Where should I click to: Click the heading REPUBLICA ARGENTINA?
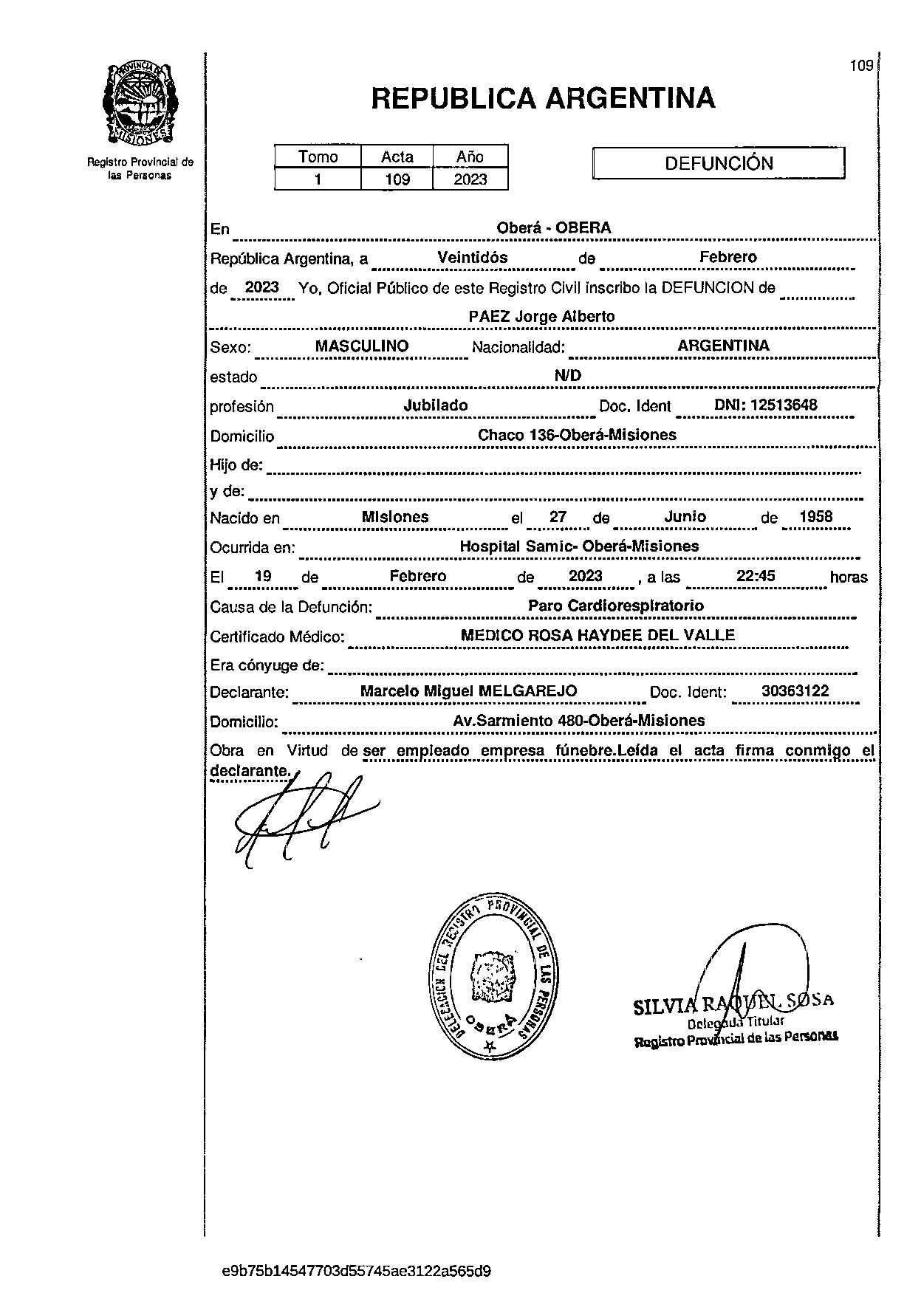[x=543, y=98]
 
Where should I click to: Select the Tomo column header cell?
[x=318, y=157]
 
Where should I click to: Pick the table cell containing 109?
[x=397, y=179]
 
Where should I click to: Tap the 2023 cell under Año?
[x=471, y=179]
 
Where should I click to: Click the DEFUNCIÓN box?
[x=719, y=163]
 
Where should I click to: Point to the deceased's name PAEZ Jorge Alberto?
[x=542, y=317]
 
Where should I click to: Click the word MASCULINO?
[x=362, y=346]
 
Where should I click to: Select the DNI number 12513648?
[x=766, y=405]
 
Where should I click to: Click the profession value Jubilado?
[x=436, y=405]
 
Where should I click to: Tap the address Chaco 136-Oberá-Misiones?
[x=577, y=435]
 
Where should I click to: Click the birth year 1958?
[x=816, y=517]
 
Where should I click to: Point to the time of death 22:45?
[x=756, y=576]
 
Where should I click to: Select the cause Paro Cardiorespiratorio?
[x=616, y=606]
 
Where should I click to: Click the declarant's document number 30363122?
[x=795, y=691]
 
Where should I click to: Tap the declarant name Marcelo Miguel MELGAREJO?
[x=468, y=692]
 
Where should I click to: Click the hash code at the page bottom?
[x=357, y=1272]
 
